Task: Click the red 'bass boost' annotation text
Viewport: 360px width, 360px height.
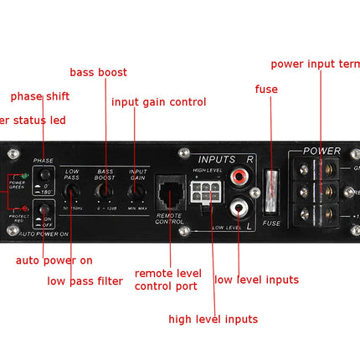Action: (98, 73)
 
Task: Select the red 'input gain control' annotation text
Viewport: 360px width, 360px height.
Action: (158, 102)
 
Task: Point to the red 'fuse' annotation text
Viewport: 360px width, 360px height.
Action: (265, 89)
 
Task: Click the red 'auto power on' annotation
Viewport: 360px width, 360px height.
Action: (54, 260)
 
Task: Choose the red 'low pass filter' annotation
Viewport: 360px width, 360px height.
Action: (85, 281)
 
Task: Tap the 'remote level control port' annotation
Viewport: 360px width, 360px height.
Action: (167, 280)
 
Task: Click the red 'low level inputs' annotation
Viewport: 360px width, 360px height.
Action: (256, 280)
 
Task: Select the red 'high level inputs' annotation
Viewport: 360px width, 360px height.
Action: (213, 319)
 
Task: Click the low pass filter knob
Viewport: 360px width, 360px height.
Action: (72, 191)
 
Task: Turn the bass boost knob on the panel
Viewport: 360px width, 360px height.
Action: (104, 191)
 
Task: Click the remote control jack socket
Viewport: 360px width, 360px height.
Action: (171, 196)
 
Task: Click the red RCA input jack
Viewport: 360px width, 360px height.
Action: (240, 177)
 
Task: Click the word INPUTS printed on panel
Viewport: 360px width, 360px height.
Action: (216, 159)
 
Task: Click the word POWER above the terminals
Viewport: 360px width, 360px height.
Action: (321, 152)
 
